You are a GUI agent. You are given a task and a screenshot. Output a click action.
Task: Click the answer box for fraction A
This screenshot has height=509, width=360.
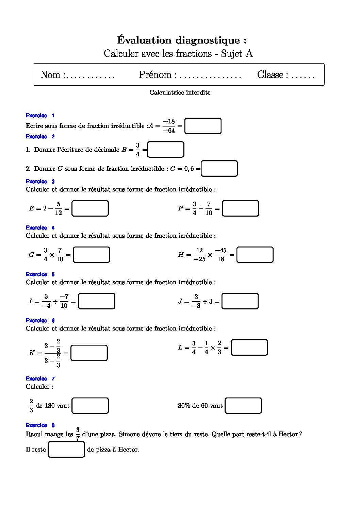[x=203, y=126]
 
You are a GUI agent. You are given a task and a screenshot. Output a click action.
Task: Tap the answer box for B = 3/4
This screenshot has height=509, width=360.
[x=166, y=150]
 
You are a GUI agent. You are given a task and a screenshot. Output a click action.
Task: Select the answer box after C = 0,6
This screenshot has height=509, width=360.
[x=219, y=169]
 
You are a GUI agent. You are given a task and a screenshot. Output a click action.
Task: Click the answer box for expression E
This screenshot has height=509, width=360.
[x=90, y=208]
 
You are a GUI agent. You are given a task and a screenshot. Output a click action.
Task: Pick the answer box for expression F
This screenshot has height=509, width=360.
[x=240, y=208]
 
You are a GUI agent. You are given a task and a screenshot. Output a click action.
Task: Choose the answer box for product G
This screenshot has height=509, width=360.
[x=92, y=255]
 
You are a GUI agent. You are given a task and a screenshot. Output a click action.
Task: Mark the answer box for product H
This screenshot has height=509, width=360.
[x=255, y=255]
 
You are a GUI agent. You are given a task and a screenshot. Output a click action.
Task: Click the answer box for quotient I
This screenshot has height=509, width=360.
[x=97, y=301]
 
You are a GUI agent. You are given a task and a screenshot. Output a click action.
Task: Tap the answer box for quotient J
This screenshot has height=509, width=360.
[x=240, y=301]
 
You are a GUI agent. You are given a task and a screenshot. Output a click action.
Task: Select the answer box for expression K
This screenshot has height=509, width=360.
[x=89, y=353]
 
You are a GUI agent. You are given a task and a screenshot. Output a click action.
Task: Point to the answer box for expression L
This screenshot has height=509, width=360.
[x=249, y=347]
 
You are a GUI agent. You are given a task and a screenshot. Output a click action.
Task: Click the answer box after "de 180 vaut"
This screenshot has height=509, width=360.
[x=90, y=406]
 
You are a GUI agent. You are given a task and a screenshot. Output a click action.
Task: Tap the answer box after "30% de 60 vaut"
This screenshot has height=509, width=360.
[x=243, y=406]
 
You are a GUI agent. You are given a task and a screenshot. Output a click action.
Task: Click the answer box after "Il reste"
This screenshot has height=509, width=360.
[x=66, y=449]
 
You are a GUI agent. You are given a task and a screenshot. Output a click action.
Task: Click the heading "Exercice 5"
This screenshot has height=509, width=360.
[x=40, y=274]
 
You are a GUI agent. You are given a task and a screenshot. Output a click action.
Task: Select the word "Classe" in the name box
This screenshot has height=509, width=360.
[x=270, y=75]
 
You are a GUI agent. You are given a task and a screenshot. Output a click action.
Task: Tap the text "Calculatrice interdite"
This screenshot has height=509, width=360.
[x=180, y=92]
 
